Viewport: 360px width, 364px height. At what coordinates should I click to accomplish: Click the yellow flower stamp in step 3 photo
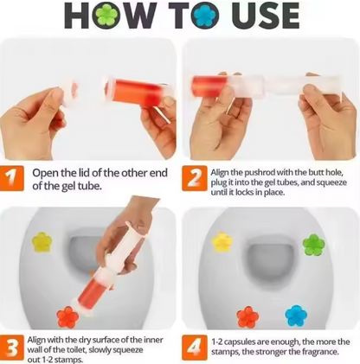tap(42, 242)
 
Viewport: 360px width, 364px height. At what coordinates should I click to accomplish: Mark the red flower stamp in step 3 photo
tap(67, 316)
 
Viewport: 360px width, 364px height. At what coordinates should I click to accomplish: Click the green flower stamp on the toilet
tap(313, 245)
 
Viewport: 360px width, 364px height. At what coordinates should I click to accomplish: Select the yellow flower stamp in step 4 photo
tap(223, 242)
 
